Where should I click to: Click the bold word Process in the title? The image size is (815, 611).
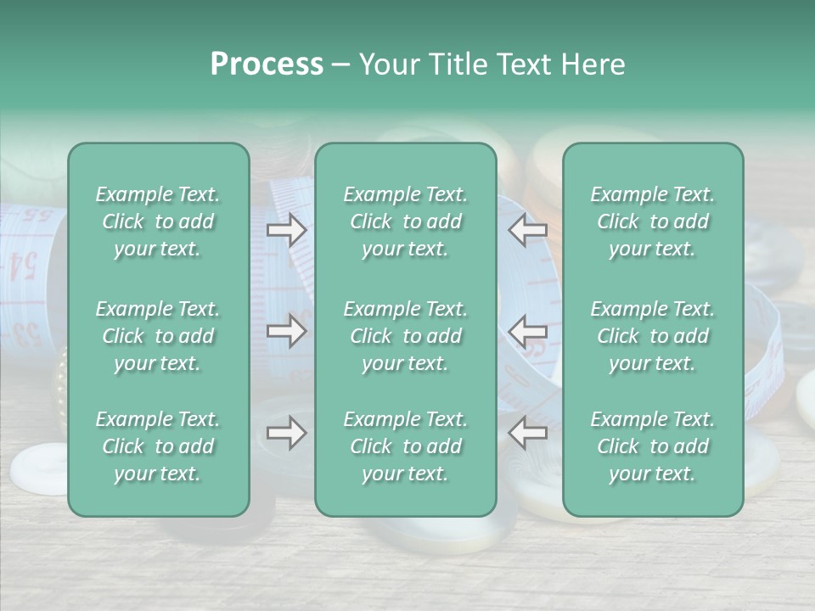[x=267, y=64]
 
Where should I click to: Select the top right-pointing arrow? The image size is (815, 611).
[x=286, y=230]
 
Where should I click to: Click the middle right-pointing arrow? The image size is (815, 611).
[x=286, y=331]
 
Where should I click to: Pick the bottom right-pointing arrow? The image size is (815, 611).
[x=286, y=433]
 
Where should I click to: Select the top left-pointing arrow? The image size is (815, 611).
[x=528, y=230]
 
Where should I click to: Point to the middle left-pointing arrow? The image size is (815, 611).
[x=528, y=331]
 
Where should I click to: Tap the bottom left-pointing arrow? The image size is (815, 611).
[x=528, y=433]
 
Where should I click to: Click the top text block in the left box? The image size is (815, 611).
[x=158, y=221]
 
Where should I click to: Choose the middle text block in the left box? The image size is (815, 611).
[x=158, y=336]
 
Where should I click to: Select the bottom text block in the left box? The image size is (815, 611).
[x=158, y=446]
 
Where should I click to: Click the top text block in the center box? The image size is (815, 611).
[x=405, y=221]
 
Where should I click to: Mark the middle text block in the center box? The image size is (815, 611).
[x=405, y=336]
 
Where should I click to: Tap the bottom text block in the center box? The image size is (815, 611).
[x=405, y=446]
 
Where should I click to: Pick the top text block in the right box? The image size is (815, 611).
[x=652, y=221]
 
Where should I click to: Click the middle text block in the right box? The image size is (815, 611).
[x=652, y=336]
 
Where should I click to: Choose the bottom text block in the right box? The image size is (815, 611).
[x=652, y=446]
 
